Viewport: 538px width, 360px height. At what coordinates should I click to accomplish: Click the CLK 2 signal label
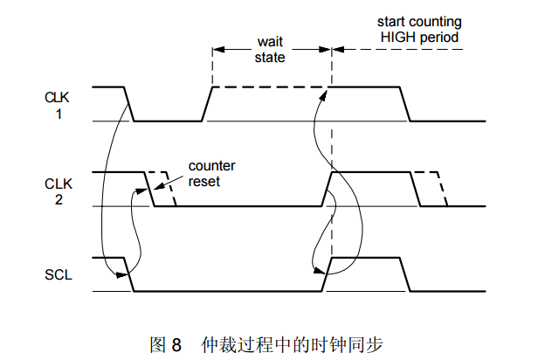pyautogui.click(x=55, y=191)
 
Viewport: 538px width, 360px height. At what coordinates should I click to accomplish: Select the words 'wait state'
pyautogui.click(x=269, y=50)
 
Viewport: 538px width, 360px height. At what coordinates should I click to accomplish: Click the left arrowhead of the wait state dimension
pyautogui.click(x=217, y=48)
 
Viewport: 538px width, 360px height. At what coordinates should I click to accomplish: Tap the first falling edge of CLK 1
pyautogui.click(x=128, y=104)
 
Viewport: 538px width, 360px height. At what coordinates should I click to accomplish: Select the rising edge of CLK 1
pyautogui.click(x=207, y=104)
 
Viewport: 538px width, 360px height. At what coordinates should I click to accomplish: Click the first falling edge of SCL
pyautogui.click(x=128, y=274)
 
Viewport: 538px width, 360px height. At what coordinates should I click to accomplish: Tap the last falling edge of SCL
pyautogui.click(x=409, y=274)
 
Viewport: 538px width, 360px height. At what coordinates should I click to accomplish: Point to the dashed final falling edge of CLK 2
pyautogui.click(x=442, y=189)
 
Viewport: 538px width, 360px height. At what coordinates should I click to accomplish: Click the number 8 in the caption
pyautogui.click(x=176, y=343)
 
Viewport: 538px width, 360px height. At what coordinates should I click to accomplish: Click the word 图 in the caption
pyautogui.click(x=158, y=343)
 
